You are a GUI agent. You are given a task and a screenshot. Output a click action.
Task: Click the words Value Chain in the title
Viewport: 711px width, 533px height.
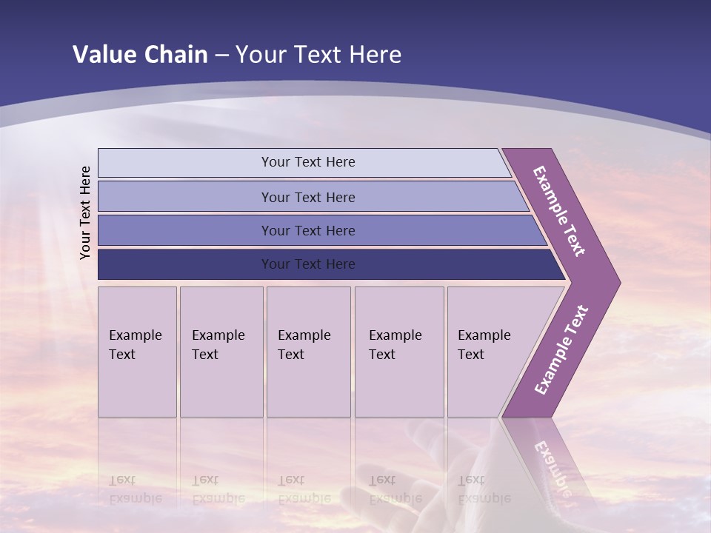[140, 55]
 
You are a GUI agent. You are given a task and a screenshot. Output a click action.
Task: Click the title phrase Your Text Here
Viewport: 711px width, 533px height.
[318, 55]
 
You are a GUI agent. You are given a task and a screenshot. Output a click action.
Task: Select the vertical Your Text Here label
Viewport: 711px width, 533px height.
[86, 212]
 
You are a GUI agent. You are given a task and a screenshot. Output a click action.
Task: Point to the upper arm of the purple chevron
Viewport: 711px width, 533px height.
[560, 210]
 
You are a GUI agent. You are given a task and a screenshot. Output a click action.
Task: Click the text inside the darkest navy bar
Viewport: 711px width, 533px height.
[308, 264]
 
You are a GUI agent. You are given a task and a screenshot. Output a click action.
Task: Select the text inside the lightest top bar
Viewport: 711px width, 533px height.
[308, 162]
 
